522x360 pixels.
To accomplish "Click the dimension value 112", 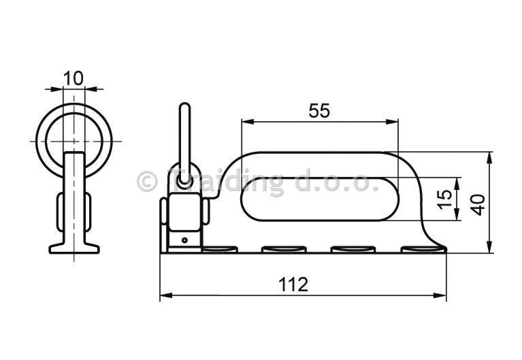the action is pyautogui.click(x=293, y=284).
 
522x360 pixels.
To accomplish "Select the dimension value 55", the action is pyautogui.click(x=319, y=110).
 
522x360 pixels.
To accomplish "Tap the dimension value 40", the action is pyautogui.click(x=478, y=204).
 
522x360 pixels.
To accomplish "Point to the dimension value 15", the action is pyautogui.click(x=445, y=199).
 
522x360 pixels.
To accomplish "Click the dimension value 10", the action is pyautogui.click(x=74, y=78).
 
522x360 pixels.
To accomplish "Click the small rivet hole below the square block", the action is pyautogui.click(x=184, y=240).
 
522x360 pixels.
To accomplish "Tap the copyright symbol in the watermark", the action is pyautogui.click(x=147, y=181).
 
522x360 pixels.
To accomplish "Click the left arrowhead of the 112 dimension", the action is pyautogui.click(x=166, y=295).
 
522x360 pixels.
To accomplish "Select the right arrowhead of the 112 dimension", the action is pyautogui.click(x=440, y=295).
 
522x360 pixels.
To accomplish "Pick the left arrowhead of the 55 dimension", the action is pyautogui.click(x=248, y=122).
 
